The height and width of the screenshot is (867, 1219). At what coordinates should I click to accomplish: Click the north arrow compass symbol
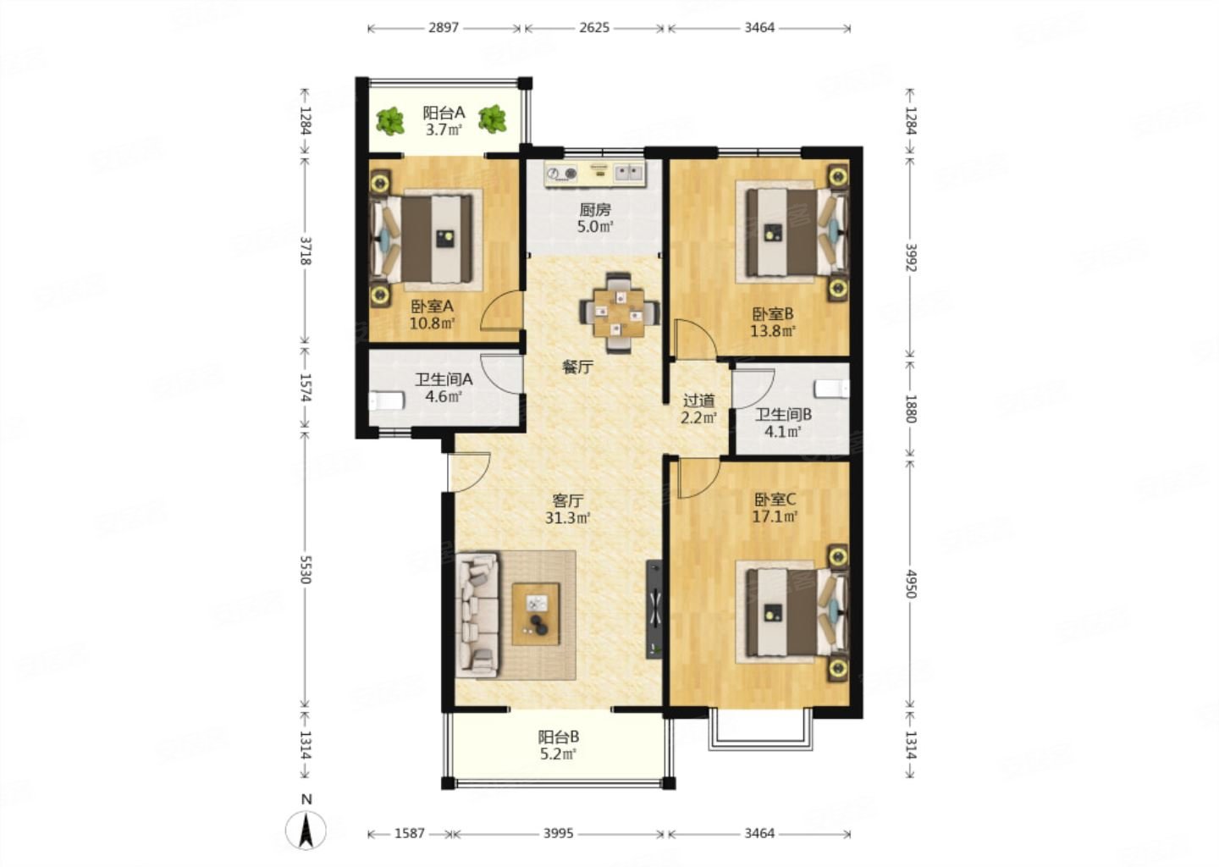306,831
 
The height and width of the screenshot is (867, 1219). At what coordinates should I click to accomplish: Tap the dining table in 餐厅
620,313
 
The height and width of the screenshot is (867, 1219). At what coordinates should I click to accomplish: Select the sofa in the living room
477,615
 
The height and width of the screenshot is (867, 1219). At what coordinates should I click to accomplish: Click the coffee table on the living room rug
536,614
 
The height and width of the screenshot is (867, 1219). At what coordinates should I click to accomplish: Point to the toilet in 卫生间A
387,401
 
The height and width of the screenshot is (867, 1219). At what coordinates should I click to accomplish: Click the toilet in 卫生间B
831,389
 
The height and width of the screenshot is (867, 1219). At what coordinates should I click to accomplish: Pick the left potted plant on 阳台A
390,121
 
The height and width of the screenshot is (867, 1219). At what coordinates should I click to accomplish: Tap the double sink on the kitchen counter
629,173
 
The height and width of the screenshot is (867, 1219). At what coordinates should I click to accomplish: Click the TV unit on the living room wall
654,610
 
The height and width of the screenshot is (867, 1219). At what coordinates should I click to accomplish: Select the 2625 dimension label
593,28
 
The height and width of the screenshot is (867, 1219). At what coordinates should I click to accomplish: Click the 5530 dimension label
306,570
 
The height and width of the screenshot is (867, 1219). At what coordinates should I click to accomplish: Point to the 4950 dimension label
911,584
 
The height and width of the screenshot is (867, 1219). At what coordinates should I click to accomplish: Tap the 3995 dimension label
559,833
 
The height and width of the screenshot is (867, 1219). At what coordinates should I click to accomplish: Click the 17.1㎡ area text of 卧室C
775,516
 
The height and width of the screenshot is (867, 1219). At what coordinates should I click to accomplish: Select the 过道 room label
698,401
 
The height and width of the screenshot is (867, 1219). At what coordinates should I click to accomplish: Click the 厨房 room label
595,209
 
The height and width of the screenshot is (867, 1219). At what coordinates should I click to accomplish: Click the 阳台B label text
559,737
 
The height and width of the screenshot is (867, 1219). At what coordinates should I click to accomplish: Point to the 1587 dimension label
409,833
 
